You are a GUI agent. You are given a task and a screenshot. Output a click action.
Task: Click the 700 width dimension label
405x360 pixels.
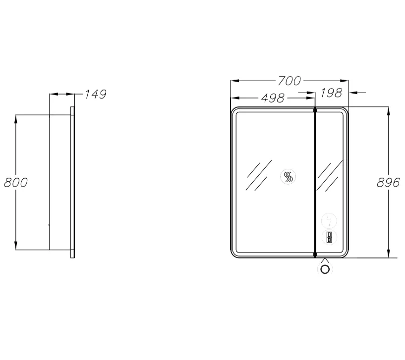point(289,81)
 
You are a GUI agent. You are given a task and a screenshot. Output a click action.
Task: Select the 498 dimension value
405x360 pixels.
point(273,98)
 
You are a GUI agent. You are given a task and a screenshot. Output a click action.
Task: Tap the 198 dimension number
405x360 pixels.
point(332,93)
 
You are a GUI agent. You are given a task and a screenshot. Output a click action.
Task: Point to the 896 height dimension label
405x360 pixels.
point(388,182)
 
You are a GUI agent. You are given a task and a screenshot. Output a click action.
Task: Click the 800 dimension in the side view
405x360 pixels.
point(16,182)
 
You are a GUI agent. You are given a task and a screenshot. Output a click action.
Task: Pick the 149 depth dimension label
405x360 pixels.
point(96,94)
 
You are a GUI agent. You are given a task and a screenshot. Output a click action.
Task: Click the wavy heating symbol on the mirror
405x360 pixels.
point(288,176)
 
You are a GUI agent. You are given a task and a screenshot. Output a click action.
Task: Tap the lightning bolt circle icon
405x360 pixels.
point(329,221)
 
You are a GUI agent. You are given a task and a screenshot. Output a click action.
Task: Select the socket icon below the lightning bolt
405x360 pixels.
point(329,237)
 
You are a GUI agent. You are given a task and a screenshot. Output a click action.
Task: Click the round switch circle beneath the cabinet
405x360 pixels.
point(325,269)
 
